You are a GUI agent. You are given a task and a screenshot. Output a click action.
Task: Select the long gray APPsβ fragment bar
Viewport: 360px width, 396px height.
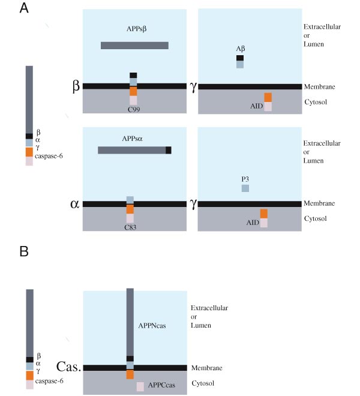coord(134,45)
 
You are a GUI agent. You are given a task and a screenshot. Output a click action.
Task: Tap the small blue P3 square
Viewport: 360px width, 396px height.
coord(245,188)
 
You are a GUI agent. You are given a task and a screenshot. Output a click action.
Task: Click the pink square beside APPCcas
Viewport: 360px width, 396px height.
coord(140,387)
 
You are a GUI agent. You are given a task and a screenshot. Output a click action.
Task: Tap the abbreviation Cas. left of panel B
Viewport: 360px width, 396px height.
coord(68,366)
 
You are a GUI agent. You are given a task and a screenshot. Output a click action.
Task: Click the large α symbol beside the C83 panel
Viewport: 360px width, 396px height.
coord(74,203)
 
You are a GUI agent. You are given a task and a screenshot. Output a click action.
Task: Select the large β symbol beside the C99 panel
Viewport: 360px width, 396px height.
coord(76,86)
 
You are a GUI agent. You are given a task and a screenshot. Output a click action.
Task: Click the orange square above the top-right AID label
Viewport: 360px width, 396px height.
coord(268,97)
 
